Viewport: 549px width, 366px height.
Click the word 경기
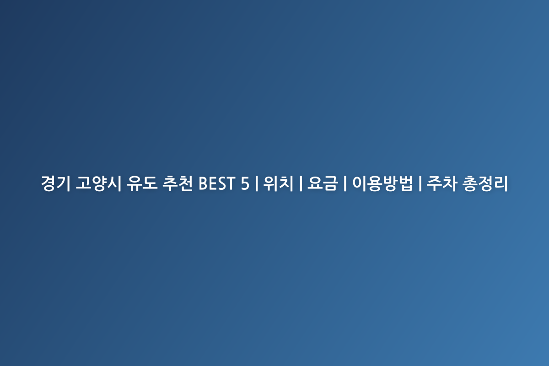[x=56, y=183]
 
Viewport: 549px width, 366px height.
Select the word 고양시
[x=98, y=183]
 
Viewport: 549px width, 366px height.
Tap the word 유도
[x=142, y=183]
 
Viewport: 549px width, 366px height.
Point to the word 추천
[x=178, y=183]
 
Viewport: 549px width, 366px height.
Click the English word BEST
[x=217, y=183]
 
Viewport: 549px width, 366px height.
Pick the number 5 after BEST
[x=245, y=183]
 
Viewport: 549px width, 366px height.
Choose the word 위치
[x=279, y=183]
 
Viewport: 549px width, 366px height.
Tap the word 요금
[x=323, y=183]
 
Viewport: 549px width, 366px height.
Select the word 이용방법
[x=382, y=183]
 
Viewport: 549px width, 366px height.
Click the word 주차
[x=442, y=183]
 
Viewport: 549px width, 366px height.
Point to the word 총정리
[x=485, y=183]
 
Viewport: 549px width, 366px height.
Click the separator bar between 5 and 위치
[x=256, y=183]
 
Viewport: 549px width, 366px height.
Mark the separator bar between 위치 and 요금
[x=301, y=183]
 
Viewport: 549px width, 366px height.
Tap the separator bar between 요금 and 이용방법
[x=345, y=183]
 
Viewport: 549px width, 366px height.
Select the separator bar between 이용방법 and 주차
[x=420, y=183]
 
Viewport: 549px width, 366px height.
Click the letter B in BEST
[x=203, y=183]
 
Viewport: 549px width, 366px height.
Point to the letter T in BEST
[x=231, y=183]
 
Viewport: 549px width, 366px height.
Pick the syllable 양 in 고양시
[x=98, y=183]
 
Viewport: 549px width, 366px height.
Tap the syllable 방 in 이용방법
[x=390, y=183]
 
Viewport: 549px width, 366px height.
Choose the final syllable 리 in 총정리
[x=501, y=183]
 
